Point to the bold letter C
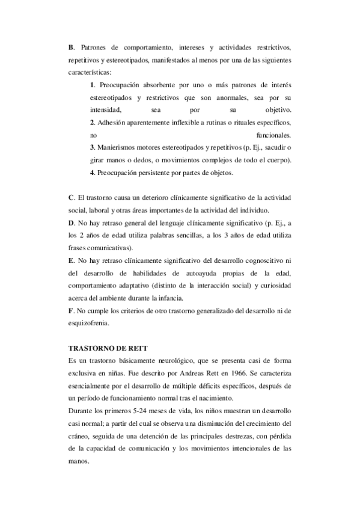(x=72, y=197)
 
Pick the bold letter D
(x=72, y=223)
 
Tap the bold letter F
(x=71, y=310)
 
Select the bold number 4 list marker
(x=91, y=173)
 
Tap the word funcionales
(x=273, y=135)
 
